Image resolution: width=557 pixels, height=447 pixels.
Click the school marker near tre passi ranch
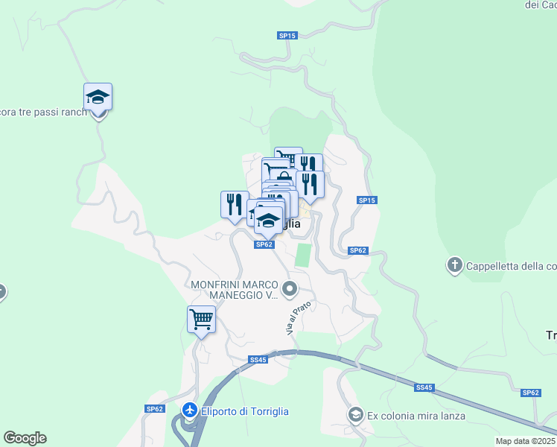pyautogui.click(x=98, y=98)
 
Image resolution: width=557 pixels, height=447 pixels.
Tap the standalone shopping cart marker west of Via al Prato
pyautogui.click(x=201, y=320)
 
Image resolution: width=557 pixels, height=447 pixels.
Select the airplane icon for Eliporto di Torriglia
pyautogui.click(x=190, y=410)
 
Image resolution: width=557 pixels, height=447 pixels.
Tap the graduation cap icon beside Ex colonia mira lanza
pyautogui.click(x=355, y=414)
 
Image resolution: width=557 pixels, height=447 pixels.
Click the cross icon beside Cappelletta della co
pyautogui.click(x=454, y=264)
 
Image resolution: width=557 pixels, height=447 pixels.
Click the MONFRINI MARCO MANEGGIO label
pyautogui.click(x=235, y=291)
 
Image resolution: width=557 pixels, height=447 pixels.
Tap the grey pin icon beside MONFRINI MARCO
pyautogui.click(x=291, y=288)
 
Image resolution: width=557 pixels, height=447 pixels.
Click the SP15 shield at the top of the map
pyautogui.click(x=287, y=35)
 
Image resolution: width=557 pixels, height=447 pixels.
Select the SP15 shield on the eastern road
pyautogui.click(x=367, y=200)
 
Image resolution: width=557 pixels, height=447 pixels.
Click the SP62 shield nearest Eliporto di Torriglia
pyautogui.click(x=154, y=408)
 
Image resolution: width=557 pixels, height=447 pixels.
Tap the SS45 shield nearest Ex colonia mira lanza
pyautogui.click(x=424, y=387)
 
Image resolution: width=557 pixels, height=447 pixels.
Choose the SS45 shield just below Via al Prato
pyautogui.click(x=258, y=360)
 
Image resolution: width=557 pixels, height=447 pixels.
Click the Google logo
pyautogui.click(x=25, y=438)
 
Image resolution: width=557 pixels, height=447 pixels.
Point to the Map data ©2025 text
pyautogui.click(x=525, y=441)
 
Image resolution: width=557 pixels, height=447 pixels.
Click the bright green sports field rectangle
pyautogui.click(x=303, y=255)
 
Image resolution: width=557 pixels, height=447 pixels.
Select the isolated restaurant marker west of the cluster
pyautogui.click(x=235, y=205)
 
